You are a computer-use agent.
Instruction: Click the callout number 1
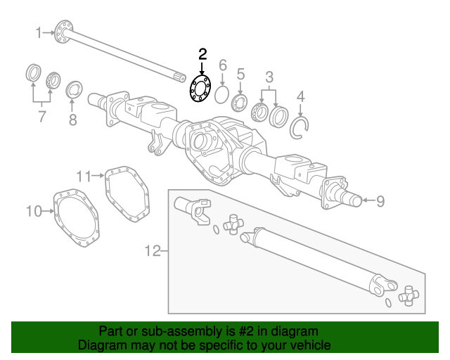(39, 32)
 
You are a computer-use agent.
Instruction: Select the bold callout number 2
(202, 53)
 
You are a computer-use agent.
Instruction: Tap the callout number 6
(223, 65)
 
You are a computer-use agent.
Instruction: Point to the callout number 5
(240, 73)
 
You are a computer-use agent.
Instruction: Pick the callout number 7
(41, 115)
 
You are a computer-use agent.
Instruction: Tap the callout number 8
(72, 120)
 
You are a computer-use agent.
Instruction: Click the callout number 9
(380, 202)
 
